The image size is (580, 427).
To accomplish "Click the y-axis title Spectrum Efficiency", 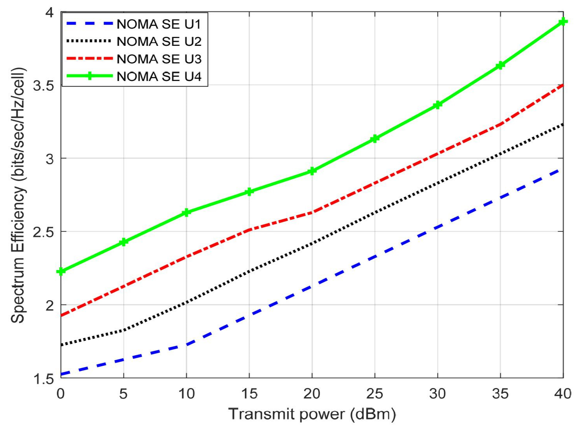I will [18, 195].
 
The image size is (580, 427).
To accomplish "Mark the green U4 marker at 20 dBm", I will [312, 171].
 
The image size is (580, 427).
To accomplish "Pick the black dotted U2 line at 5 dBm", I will [124, 330].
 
